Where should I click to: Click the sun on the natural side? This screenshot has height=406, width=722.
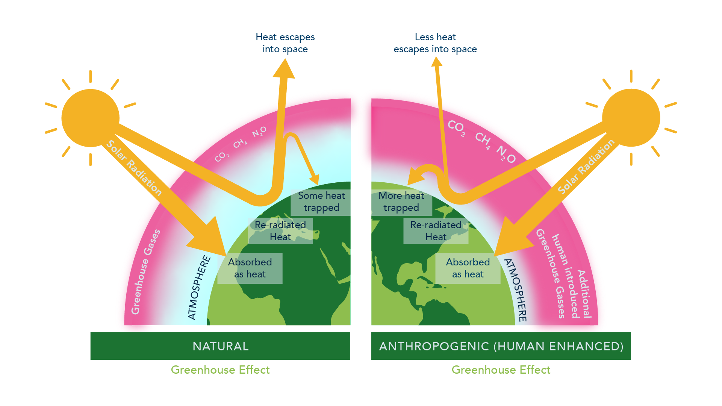click(x=90, y=118)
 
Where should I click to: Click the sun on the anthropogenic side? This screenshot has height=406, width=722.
click(x=631, y=118)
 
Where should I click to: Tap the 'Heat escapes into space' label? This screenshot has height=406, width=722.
click(x=285, y=43)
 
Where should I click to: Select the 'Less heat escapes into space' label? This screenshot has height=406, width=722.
click(x=435, y=43)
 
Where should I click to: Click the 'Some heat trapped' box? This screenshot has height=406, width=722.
click(x=321, y=202)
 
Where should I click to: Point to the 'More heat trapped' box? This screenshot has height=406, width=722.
click(x=401, y=202)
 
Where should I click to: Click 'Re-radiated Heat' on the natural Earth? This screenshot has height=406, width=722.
click(x=280, y=231)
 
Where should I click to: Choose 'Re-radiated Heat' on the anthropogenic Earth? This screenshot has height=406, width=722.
click(x=436, y=231)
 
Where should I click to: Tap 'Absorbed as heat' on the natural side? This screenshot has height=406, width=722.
click(x=250, y=268)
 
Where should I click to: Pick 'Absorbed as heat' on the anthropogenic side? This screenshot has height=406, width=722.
click(x=468, y=268)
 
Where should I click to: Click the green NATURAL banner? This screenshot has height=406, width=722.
click(x=220, y=346)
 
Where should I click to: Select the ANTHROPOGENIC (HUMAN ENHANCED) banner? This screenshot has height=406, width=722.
click(x=501, y=346)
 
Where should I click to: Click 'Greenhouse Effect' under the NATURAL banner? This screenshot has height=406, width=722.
click(x=220, y=370)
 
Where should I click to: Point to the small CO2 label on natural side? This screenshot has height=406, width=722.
click(x=222, y=157)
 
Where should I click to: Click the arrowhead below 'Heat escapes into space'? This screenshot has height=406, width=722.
click(x=284, y=70)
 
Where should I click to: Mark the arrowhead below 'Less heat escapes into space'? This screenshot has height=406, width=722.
click(x=436, y=62)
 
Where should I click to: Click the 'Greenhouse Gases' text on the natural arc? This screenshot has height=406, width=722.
click(x=145, y=272)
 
